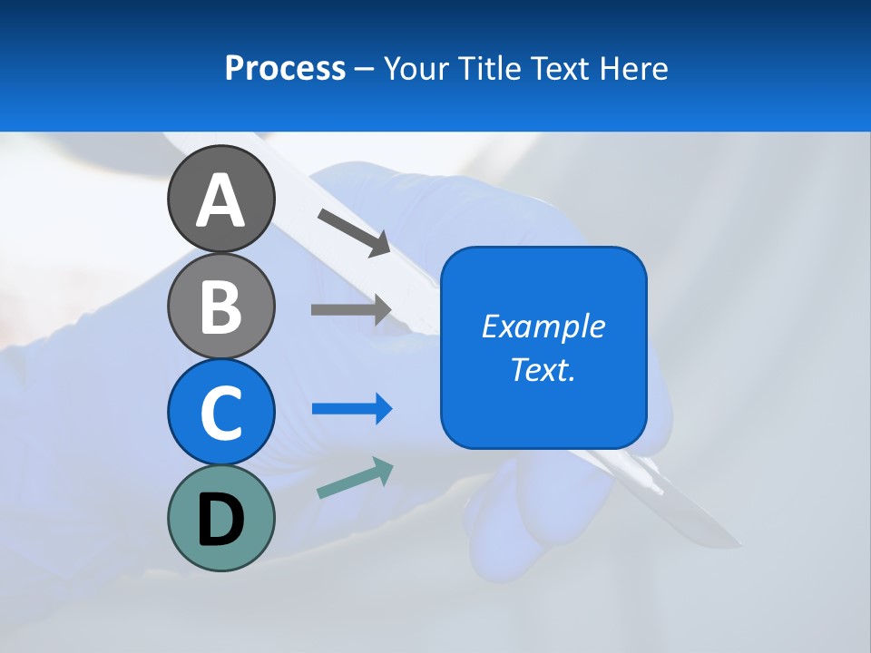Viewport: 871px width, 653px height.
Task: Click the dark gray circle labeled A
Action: (x=220, y=199)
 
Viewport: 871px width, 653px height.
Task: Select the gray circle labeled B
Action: (x=220, y=306)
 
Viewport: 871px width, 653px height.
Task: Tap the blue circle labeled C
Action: (x=220, y=412)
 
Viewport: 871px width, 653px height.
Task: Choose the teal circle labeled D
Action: (x=220, y=518)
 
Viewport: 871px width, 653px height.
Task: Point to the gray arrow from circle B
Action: (x=351, y=309)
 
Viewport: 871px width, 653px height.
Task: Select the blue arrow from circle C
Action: (x=352, y=409)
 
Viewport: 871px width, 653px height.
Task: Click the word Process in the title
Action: (x=285, y=68)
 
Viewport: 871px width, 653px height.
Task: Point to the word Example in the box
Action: (x=543, y=326)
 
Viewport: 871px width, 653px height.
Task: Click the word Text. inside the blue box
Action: (x=543, y=369)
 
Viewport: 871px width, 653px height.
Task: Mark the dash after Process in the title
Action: (x=365, y=69)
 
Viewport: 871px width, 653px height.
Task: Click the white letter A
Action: (x=220, y=200)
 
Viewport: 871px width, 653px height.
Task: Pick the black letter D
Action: (x=220, y=520)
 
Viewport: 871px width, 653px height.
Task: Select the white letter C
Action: (x=220, y=414)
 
